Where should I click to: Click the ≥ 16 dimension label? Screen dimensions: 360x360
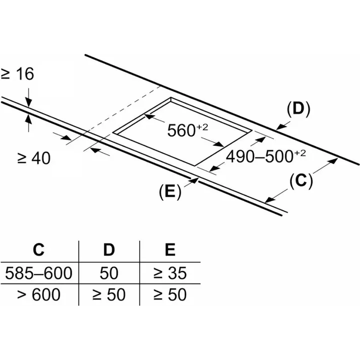pos(18,74)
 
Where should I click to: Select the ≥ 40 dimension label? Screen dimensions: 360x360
pos(34,158)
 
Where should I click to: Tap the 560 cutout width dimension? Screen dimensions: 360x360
pos(188,130)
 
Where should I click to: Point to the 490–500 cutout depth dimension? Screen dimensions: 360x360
pos(266,156)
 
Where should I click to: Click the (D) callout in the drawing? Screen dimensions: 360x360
pos(298,109)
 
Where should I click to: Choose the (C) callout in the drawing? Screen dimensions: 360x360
pos(301,180)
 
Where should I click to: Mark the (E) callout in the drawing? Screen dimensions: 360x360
pos(170,191)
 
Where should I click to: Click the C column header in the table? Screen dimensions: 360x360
pos(39,249)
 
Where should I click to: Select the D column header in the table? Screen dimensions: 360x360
pos(109,249)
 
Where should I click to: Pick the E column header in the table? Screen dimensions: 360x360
pos(170,249)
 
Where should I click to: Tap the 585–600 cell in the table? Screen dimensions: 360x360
pos(39,273)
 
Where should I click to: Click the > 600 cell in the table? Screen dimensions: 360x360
pos(39,294)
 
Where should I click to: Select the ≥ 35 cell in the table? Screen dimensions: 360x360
pos(170,273)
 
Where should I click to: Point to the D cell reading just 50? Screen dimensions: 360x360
pos(109,273)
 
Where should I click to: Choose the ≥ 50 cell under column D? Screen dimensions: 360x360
pos(109,294)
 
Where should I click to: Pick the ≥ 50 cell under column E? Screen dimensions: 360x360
pos(170,294)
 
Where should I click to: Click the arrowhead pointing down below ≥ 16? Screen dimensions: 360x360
pos(29,102)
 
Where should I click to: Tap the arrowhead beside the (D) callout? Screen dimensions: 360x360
pos(280,127)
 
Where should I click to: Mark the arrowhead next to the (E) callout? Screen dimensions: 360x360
pos(194,180)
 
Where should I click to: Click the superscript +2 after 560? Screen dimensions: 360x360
pos(202,127)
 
